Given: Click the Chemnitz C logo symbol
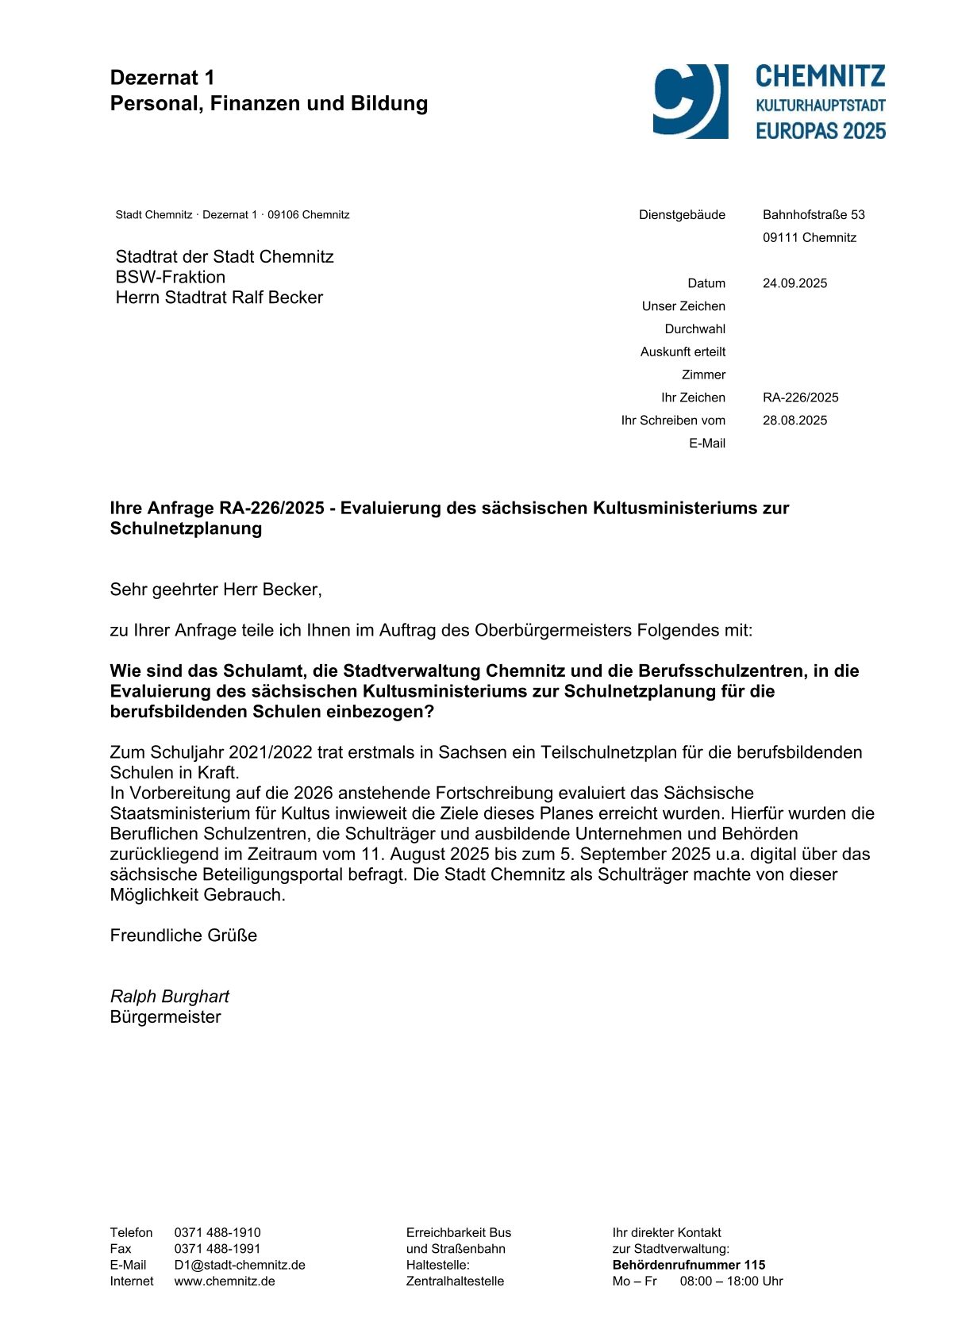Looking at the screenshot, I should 690,102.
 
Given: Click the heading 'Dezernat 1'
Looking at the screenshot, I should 162,78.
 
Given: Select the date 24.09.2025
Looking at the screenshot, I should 794,283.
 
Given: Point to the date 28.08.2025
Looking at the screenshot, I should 794,421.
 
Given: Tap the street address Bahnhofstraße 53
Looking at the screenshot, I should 814,215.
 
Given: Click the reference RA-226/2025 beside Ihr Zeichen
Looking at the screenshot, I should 800,398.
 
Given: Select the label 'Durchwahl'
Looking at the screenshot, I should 694,329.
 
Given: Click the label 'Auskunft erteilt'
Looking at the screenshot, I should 683,352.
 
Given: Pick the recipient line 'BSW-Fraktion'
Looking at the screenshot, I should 170,277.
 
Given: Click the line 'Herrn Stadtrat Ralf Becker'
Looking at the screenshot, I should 219,298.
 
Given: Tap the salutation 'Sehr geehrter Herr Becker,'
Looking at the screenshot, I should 216,590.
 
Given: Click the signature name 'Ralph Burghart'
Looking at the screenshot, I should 169,997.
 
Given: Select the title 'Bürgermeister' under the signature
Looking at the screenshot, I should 165,1017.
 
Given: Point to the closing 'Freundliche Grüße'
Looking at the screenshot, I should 183,936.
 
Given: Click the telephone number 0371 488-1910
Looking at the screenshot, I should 217,1232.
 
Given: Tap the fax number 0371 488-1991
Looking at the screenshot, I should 217,1249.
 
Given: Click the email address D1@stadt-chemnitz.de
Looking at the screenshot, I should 240,1265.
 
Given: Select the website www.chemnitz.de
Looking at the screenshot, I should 225,1281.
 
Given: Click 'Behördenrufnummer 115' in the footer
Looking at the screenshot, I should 688,1265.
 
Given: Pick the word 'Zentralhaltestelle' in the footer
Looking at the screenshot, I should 455,1281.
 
